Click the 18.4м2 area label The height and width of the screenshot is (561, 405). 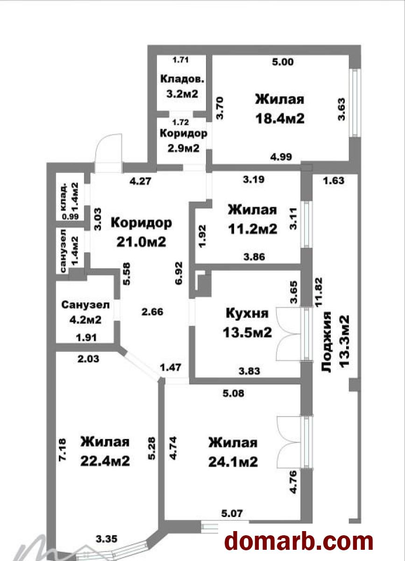tap(280, 118)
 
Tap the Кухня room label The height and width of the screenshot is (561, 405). tap(247, 313)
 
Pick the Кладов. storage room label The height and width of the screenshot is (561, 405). tap(182, 79)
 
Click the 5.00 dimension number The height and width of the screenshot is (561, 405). tap(283, 62)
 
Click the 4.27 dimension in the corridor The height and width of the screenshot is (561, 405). tap(141, 181)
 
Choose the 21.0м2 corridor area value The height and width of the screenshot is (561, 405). tap(141, 242)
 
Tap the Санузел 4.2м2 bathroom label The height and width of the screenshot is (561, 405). tap(85, 312)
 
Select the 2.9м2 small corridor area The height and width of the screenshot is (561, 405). tap(183, 148)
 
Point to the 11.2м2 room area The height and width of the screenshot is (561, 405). tap(252, 229)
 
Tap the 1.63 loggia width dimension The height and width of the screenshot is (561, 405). tap(334, 180)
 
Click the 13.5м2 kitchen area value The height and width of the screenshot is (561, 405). tap(247, 332)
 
